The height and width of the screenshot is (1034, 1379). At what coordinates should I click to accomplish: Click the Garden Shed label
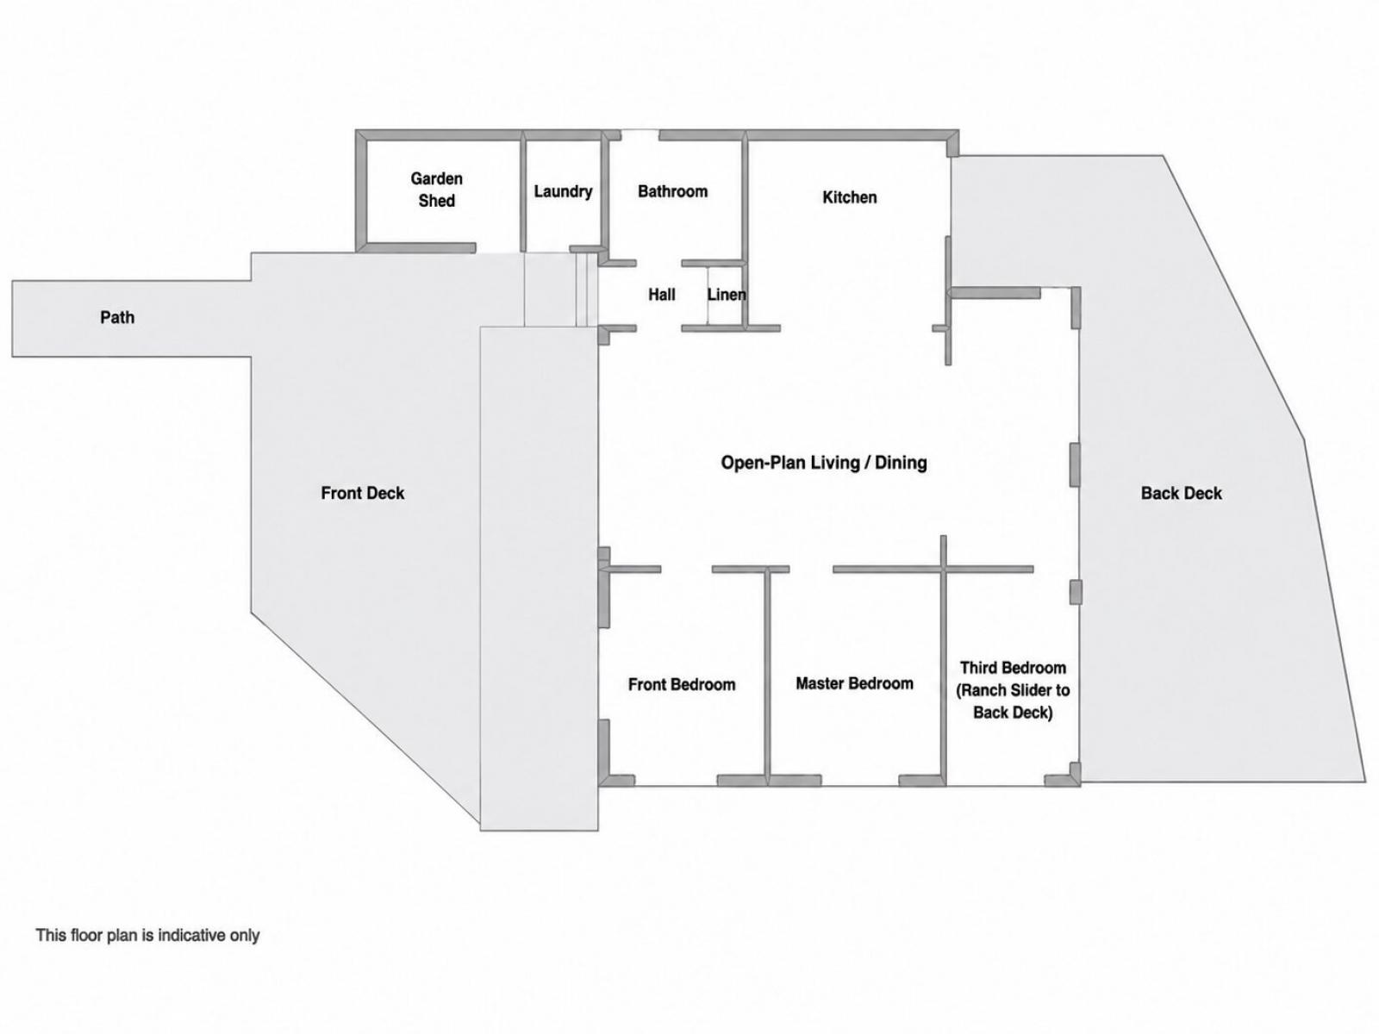(437, 190)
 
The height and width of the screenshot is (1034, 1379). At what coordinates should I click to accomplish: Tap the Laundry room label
(563, 191)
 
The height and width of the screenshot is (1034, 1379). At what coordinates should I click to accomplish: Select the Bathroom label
(672, 191)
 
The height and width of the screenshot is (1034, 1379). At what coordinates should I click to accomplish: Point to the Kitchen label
(850, 197)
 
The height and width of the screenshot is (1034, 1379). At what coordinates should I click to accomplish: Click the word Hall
(662, 295)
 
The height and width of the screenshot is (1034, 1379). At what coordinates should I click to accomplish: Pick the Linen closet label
(727, 295)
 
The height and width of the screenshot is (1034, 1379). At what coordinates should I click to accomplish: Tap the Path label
(117, 317)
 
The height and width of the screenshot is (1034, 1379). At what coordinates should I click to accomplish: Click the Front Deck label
(363, 493)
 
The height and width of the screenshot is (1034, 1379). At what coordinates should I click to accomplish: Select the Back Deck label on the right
(1181, 493)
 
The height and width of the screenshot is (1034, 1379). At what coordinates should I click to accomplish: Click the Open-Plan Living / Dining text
(824, 463)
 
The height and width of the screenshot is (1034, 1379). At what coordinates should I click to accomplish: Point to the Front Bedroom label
(682, 684)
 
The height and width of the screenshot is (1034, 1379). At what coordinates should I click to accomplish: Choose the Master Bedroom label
(854, 683)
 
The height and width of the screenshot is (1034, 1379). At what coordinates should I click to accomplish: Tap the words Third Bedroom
(1013, 667)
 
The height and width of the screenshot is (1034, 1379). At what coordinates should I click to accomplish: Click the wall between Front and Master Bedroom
(767, 676)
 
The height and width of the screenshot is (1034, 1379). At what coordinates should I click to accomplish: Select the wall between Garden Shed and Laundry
(522, 190)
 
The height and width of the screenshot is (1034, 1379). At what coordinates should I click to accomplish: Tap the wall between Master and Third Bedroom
(944, 660)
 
